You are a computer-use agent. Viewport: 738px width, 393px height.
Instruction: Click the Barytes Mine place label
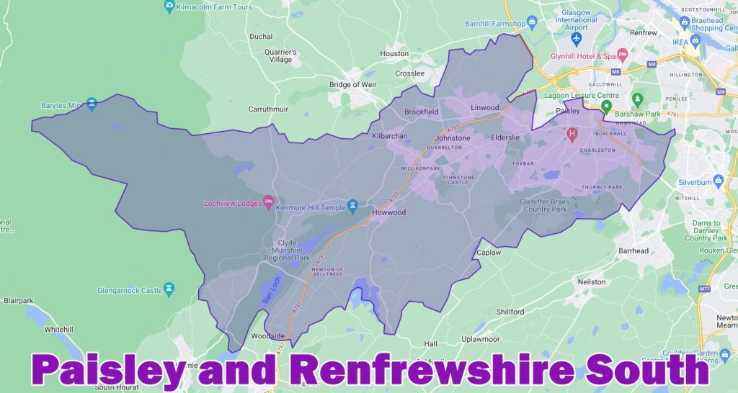61,105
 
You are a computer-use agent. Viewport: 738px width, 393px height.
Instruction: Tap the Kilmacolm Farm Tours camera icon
169,8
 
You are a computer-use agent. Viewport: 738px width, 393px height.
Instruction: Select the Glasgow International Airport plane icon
576,37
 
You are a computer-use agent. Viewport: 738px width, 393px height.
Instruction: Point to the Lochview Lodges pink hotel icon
269,202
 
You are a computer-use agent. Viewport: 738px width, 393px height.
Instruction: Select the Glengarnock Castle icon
169,289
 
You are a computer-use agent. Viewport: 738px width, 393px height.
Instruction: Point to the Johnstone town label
452,138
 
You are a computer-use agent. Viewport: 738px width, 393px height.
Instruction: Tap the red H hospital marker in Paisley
573,133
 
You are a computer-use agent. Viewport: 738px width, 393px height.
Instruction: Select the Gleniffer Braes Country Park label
545,207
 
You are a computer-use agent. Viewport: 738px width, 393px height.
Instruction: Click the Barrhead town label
633,251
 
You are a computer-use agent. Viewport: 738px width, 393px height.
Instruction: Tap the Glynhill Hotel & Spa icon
622,55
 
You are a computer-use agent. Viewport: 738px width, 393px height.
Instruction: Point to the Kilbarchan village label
390,136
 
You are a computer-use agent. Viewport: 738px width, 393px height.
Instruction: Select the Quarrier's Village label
280,55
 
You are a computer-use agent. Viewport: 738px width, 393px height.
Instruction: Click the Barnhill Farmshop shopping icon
532,22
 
